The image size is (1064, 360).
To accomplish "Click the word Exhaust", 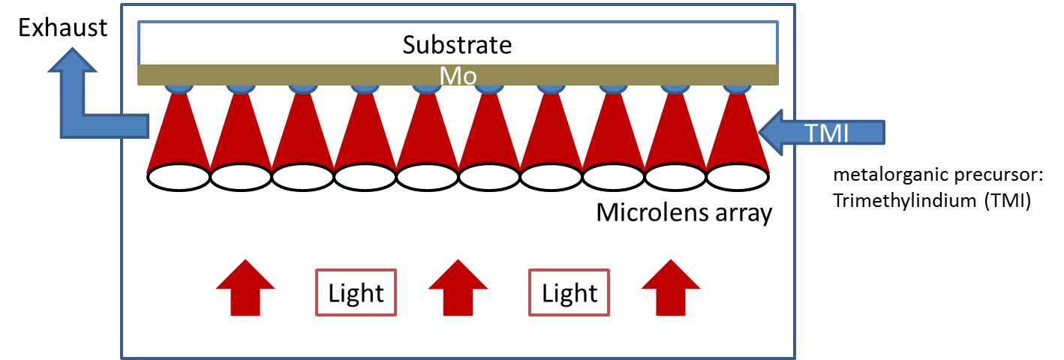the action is click(63, 28).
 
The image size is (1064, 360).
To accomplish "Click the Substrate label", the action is click(457, 45).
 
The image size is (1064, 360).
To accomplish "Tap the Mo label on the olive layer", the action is click(458, 76).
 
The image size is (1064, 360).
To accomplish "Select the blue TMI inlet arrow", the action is click(822, 133).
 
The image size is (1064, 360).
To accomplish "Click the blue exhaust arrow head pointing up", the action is click(73, 60).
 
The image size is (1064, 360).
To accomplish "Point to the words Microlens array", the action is click(684, 212).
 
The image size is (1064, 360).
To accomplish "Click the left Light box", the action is click(356, 292).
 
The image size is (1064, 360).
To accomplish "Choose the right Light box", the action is click(569, 292).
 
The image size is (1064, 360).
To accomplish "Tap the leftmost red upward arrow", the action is click(245, 287).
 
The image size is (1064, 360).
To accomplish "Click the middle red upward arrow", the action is click(458, 287).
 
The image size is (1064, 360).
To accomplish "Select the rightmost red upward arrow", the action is click(671, 287).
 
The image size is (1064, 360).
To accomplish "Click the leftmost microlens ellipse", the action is click(179, 177).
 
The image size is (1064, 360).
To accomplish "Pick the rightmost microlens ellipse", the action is click(738, 177).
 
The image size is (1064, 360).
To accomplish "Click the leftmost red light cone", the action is click(179, 133).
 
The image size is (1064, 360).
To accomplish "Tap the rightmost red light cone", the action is click(738, 133).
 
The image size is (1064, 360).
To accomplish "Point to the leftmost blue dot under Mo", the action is click(179, 88).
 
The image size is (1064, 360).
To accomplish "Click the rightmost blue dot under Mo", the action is click(737, 88).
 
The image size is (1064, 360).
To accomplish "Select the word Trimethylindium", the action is click(905, 201).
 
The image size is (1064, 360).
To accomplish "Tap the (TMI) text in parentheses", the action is click(1008, 201).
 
